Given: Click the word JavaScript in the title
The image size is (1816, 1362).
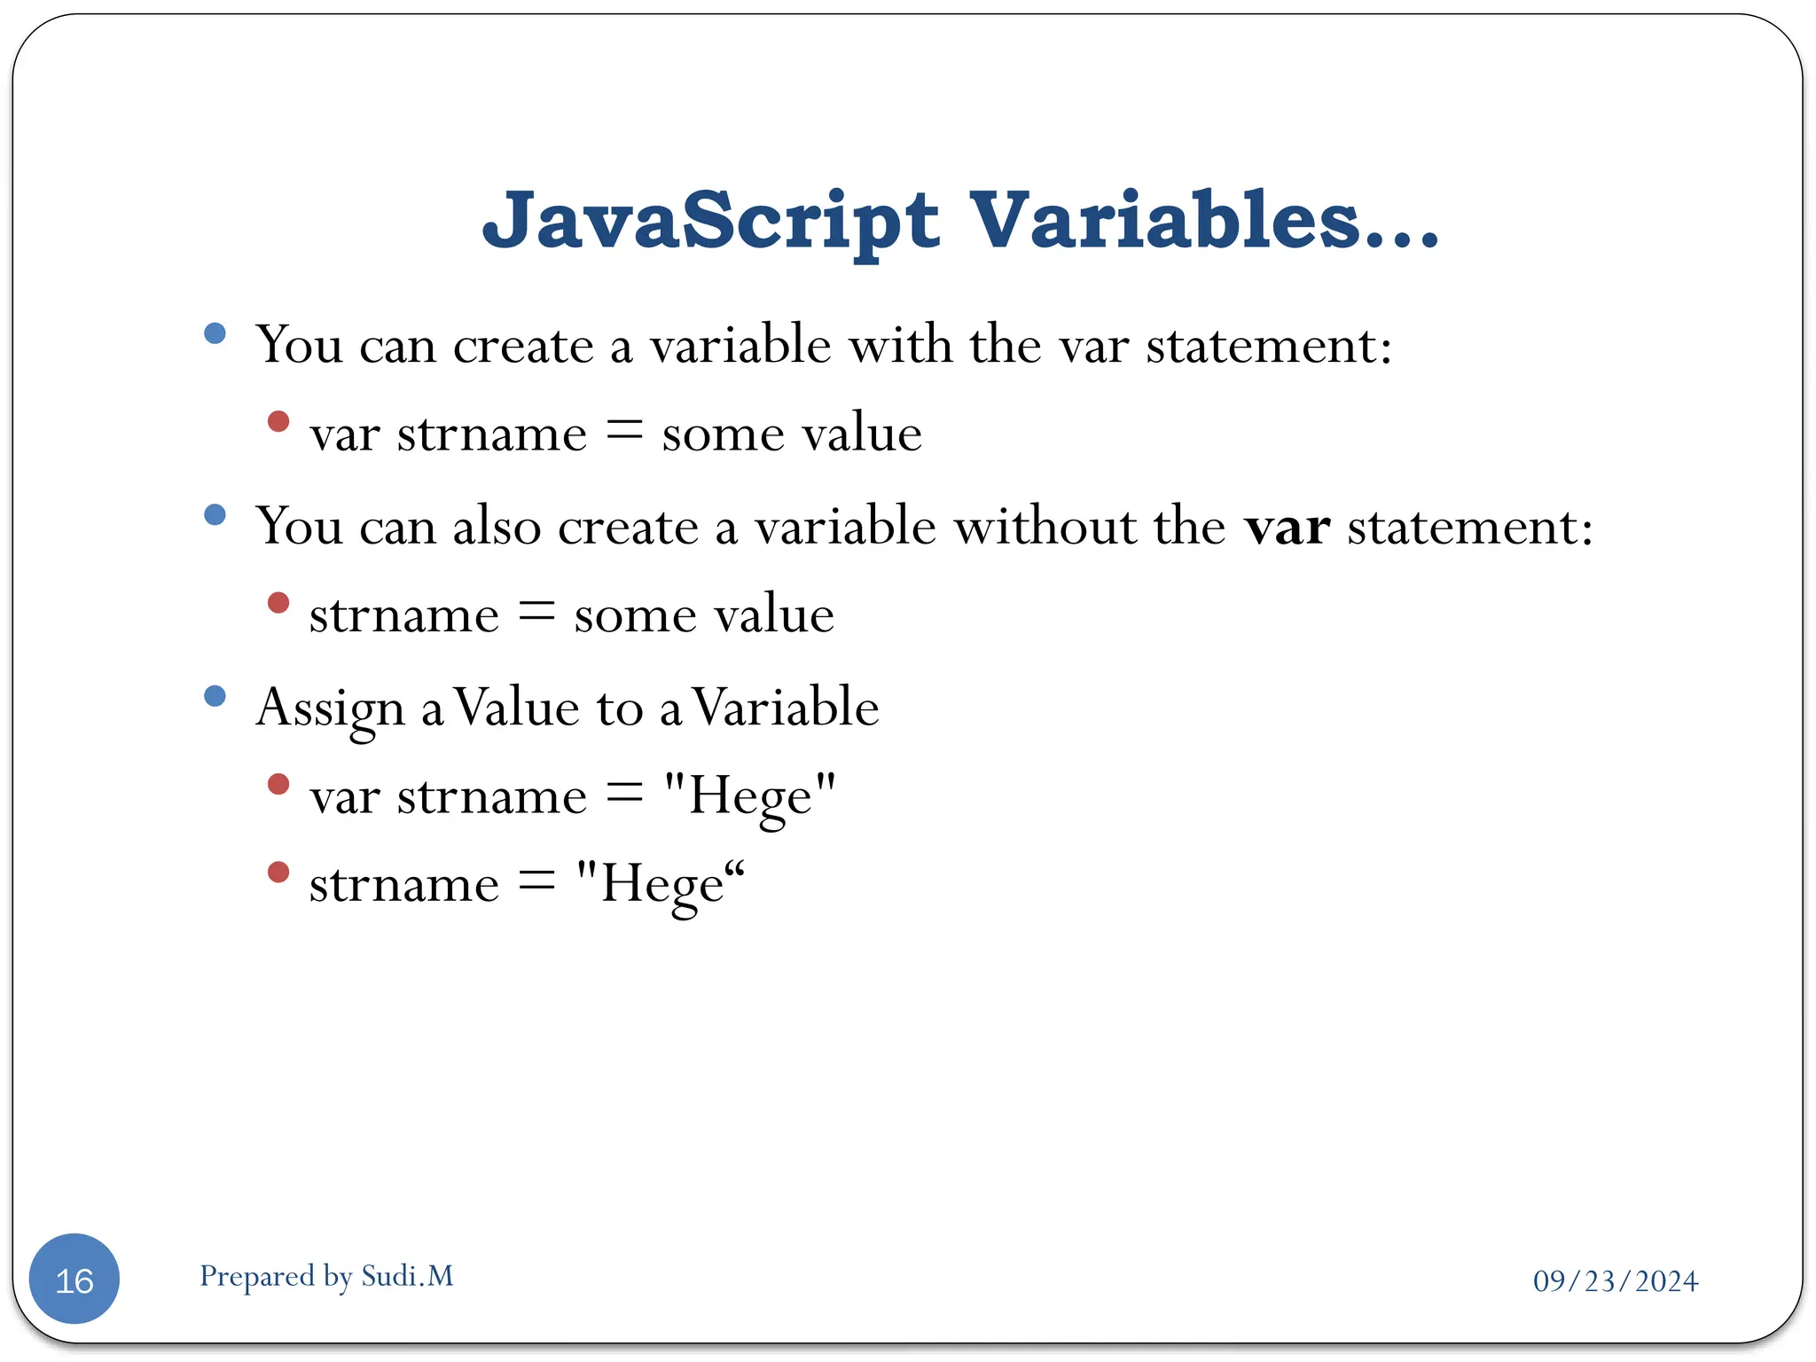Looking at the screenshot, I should coord(709,222).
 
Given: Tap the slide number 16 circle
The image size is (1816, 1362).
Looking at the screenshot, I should coord(74,1279).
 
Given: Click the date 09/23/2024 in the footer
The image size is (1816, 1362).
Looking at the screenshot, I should coord(1616,1280).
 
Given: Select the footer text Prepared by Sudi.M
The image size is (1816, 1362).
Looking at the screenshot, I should coord(326,1276).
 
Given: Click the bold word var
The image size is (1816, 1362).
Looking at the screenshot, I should coord(1287,527).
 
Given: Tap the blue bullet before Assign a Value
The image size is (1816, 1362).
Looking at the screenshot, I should coord(215,695).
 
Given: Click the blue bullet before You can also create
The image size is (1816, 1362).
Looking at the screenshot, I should coord(215,514).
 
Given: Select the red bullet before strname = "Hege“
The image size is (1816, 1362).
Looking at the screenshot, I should coord(278,873).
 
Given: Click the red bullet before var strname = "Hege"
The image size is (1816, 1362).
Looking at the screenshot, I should coord(278,784).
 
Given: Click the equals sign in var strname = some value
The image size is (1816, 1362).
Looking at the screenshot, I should coord(624,432).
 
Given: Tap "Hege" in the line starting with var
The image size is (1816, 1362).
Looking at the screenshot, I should coord(750,795).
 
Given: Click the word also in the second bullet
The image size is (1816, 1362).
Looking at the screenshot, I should coord(497,527).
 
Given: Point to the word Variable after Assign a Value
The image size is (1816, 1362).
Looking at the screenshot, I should coord(785,708).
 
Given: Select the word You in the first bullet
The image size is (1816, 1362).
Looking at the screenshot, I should coord(299,345).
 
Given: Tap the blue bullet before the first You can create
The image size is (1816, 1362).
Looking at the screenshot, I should coord(215,333).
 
